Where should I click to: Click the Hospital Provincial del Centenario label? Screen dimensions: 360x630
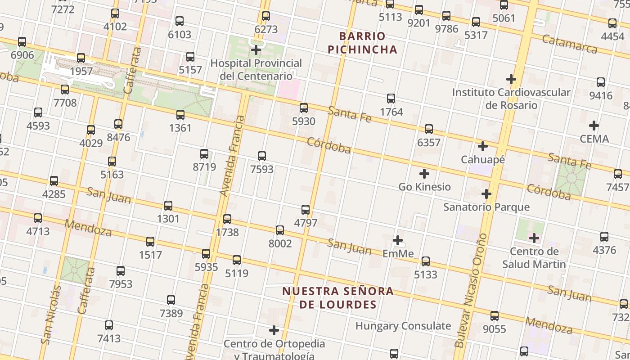(x=256, y=69)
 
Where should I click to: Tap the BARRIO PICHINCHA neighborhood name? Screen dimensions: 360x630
(x=362, y=43)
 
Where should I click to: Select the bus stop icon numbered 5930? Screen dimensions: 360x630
(x=304, y=108)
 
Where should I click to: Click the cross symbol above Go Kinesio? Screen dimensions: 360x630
(x=424, y=174)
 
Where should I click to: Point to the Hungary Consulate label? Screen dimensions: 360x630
(x=403, y=326)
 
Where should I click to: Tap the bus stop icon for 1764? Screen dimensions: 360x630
(x=391, y=99)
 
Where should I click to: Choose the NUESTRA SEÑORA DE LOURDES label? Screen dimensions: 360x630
(x=338, y=297)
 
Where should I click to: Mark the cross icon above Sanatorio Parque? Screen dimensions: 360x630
(x=486, y=194)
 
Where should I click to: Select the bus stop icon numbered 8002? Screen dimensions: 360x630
(x=280, y=230)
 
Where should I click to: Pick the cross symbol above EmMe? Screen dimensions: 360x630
(x=397, y=240)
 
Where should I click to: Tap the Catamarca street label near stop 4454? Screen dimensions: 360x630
(x=570, y=44)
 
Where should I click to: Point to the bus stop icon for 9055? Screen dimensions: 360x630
(x=495, y=316)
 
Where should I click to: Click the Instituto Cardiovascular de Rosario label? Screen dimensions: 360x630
(x=511, y=99)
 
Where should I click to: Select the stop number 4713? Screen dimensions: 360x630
(x=38, y=232)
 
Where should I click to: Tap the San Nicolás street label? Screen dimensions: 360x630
(x=51, y=315)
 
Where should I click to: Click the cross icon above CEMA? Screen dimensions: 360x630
(x=594, y=126)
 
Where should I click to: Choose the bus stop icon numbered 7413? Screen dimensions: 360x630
(x=109, y=325)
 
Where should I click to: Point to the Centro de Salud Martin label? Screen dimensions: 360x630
(x=534, y=257)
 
